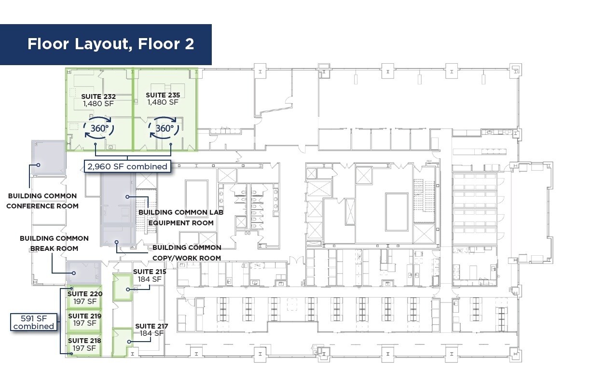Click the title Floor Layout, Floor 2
click(x=110, y=44)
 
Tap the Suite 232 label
click(x=98, y=100)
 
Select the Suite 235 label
click(x=163, y=99)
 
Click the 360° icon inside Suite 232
click(x=99, y=128)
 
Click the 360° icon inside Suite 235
click(x=164, y=128)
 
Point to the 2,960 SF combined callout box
click(x=127, y=166)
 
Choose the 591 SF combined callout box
click(x=34, y=322)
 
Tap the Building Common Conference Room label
click(x=42, y=201)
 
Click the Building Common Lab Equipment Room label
click(x=181, y=218)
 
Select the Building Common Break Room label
click(x=54, y=244)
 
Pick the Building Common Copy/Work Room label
click(x=187, y=253)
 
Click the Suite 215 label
click(x=150, y=276)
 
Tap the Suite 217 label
click(x=151, y=330)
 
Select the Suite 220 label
click(x=85, y=298)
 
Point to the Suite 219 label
click(x=85, y=319)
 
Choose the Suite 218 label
click(x=84, y=344)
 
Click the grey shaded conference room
click(x=49, y=157)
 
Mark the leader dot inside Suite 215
click(x=128, y=289)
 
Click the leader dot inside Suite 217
click(x=129, y=342)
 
